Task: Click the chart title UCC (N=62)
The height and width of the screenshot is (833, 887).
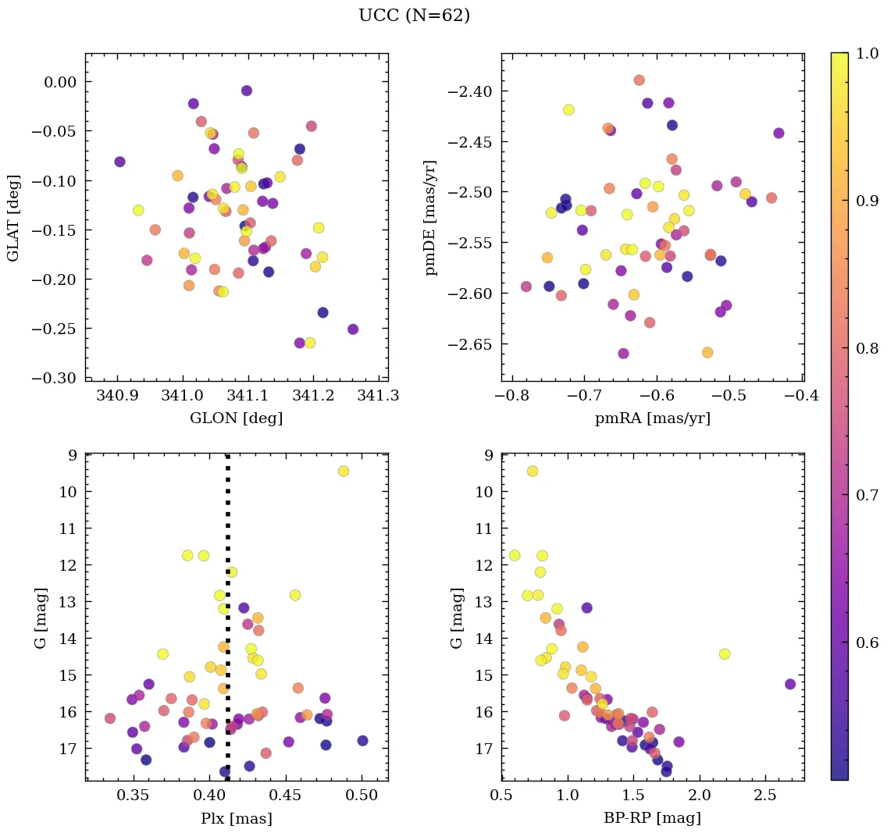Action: click(414, 16)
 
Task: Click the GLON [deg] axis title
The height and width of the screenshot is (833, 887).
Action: click(236, 418)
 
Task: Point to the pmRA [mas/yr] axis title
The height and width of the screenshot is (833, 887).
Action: click(653, 418)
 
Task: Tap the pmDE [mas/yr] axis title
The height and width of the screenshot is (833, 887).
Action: click(430, 218)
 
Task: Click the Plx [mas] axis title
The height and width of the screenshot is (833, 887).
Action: click(236, 818)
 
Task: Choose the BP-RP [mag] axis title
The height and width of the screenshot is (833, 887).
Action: click(653, 818)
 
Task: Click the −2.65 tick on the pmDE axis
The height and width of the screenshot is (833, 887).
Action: click(471, 344)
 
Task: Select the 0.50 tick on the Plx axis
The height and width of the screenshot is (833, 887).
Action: click(362, 796)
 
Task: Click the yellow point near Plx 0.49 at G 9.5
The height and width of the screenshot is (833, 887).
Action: click(344, 471)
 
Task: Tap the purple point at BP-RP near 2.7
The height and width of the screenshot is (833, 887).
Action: click(790, 684)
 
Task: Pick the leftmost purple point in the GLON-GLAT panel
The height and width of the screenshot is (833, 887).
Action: click(119, 162)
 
